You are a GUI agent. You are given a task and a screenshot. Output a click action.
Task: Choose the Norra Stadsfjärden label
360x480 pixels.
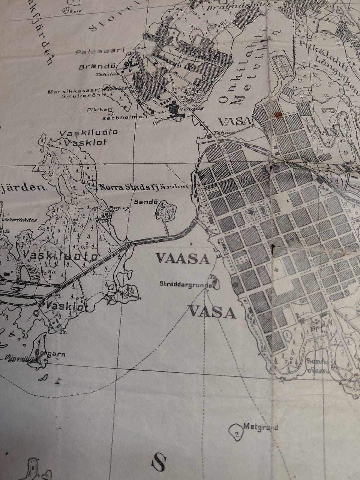coord(143,186)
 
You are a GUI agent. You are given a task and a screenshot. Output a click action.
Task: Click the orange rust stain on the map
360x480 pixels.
coord(277,114)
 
